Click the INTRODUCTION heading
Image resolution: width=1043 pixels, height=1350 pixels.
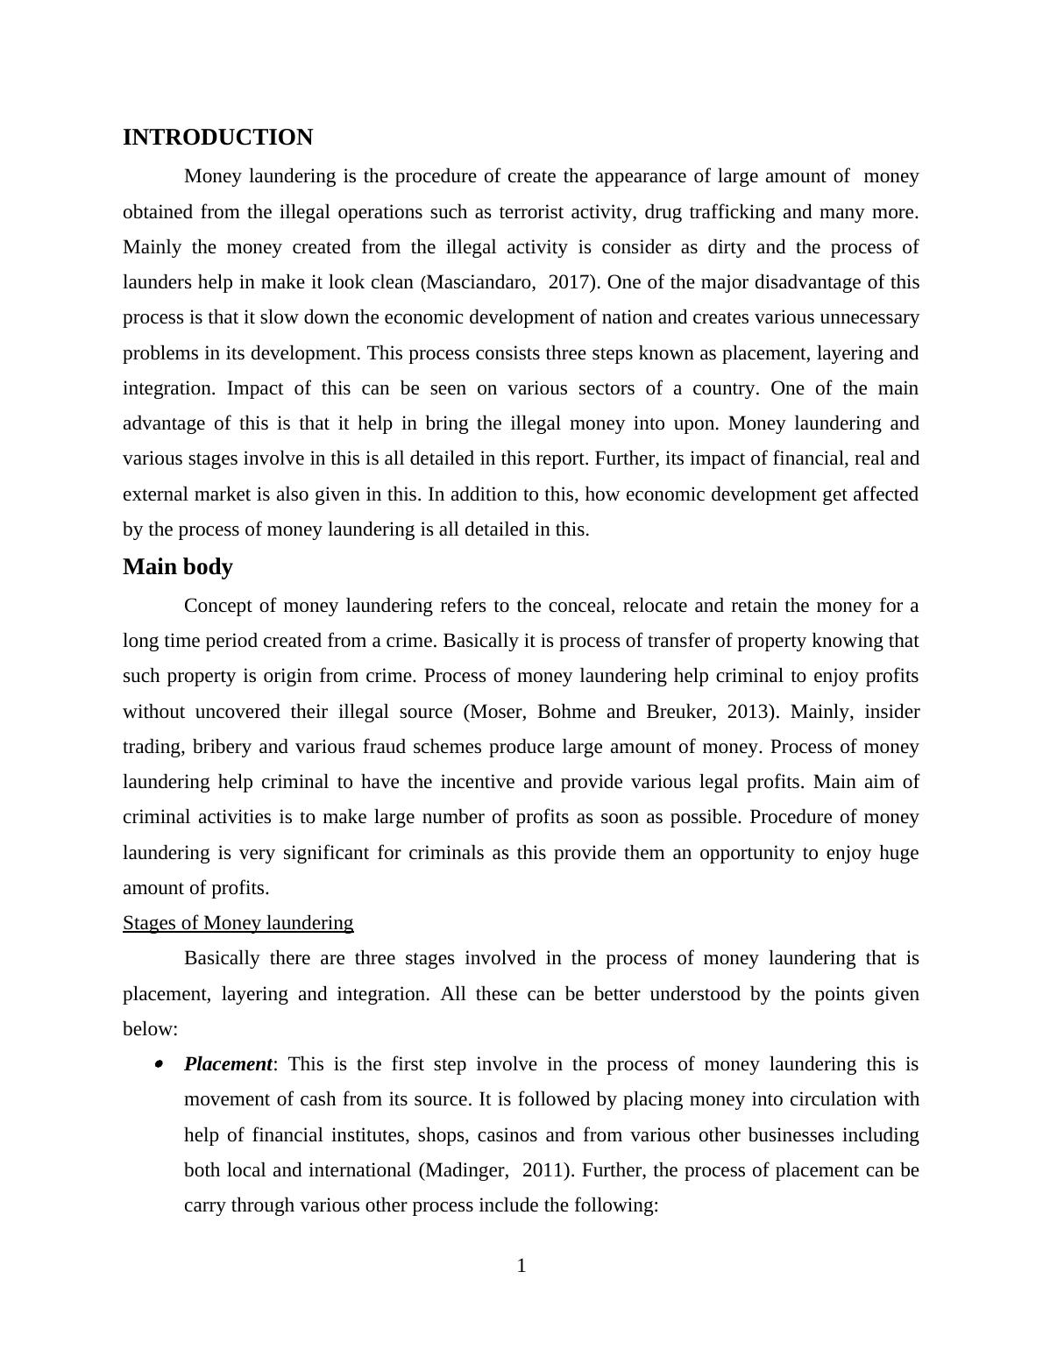[x=217, y=138]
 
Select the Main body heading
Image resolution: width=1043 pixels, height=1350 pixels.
[x=178, y=567]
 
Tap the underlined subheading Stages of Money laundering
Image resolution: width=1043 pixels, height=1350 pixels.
[x=238, y=923]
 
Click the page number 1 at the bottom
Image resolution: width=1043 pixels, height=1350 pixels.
[x=521, y=1266]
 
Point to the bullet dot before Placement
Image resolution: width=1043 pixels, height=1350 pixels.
[x=159, y=1064]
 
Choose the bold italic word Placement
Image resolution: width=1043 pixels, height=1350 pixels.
[x=228, y=1064]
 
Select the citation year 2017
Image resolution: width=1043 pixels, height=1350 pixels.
[x=570, y=282]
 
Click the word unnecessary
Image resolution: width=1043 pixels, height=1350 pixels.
[x=858, y=317]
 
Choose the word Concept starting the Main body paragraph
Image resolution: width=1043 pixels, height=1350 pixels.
[x=219, y=606]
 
